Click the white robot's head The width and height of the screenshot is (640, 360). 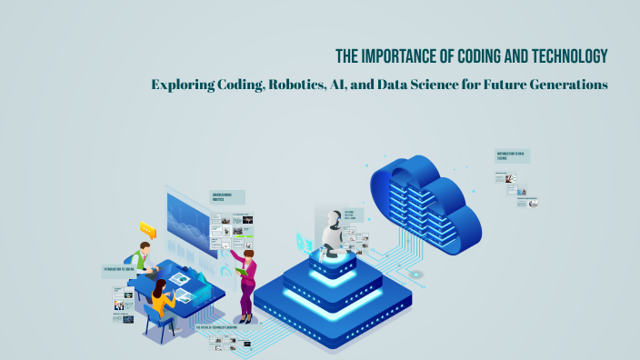[331, 218]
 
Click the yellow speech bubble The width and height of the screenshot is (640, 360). [145, 229]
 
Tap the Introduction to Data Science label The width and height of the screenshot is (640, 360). [513, 155]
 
